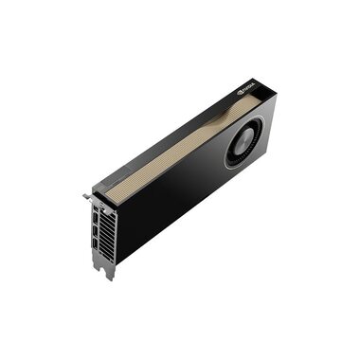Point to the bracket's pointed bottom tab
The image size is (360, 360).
point(110,276)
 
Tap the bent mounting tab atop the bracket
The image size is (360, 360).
point(86,197)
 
